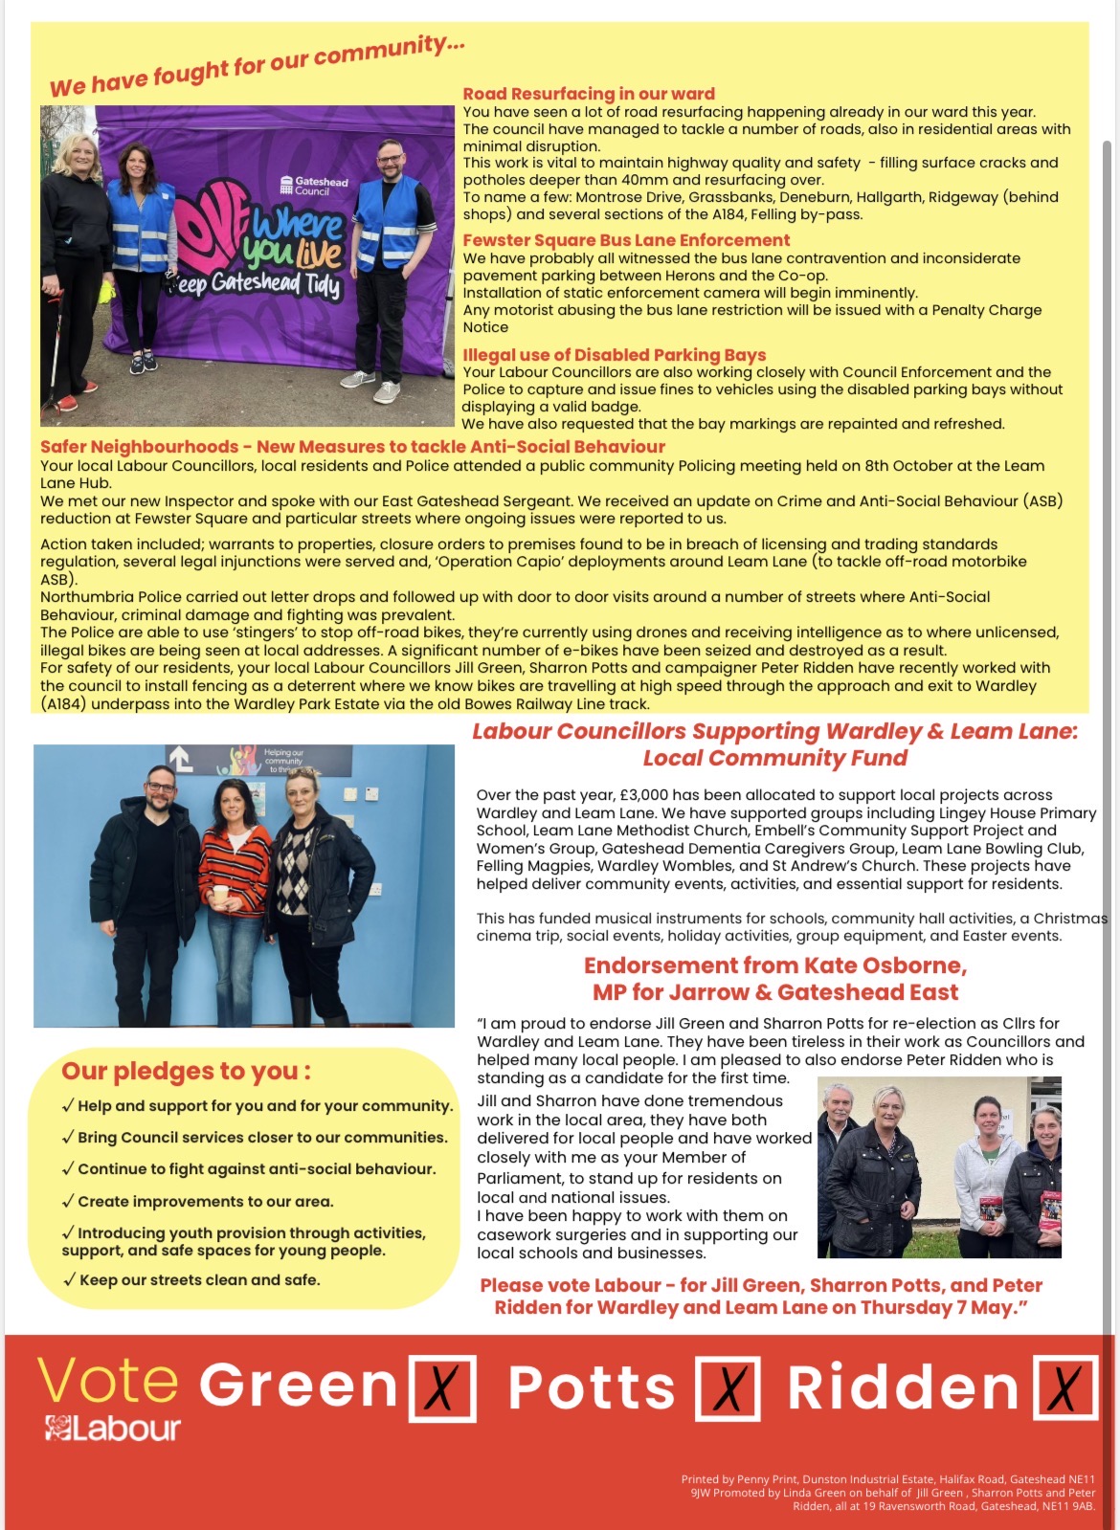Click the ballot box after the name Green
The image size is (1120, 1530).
tap(442, 1387)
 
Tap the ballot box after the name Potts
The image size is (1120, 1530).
tap(728, 1387)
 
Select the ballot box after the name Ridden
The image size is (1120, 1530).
tap(1065, 1387)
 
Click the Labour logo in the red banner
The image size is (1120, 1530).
tap(112, 1429)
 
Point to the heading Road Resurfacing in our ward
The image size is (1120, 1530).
tap(589, 94)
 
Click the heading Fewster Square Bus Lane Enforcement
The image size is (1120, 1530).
tap(626, 240)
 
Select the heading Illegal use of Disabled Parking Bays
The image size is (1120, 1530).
tap(614, 355)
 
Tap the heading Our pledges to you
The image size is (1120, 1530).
tap(186, 1071)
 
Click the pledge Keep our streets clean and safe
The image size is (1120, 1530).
tap(199, 1280)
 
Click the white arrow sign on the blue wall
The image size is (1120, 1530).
tap(181, 759)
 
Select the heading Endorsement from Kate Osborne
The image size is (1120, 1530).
tap(774, 965)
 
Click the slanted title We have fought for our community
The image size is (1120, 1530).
tap(257, 65)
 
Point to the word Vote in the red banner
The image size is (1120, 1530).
tap(107, 1382)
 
